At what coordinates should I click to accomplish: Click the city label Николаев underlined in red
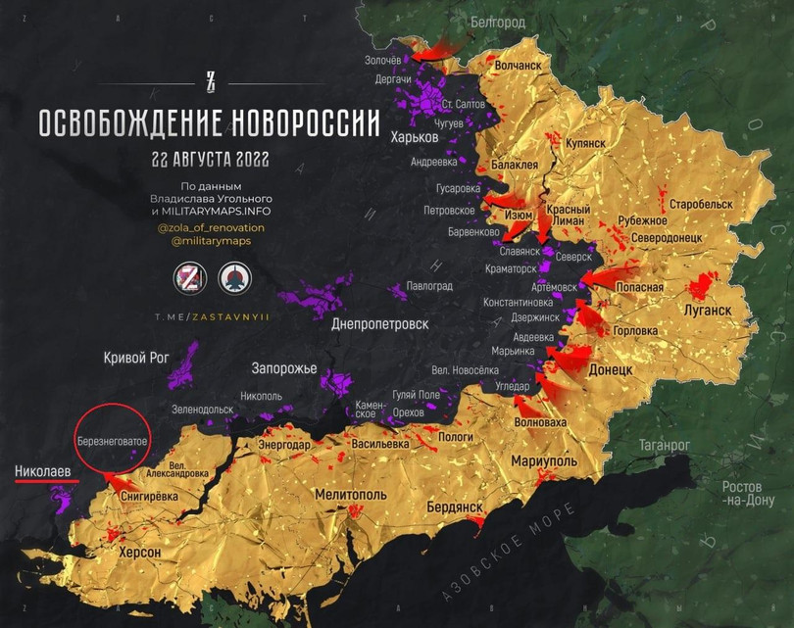pyautogui.click(x=42, y=471)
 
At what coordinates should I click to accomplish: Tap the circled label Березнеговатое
pyautogui.click(x=113, y=442)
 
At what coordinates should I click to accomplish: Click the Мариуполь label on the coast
pyautogui.click(x=543, y=460)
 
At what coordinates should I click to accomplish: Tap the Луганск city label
pyautogui.click(x=700, y=311)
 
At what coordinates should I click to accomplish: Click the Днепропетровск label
pyautogui.click(x=380, y=323)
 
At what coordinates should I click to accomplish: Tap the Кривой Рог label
pyautogui.click(x=136, y=359)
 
